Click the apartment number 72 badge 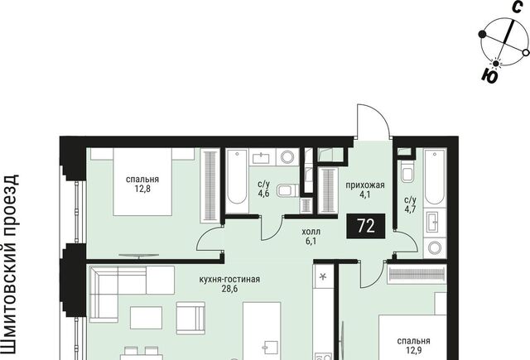pyautogui.click(x=366, y=226)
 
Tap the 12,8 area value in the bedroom pyautogui.click(x=142, y=189)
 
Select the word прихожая pyautogui.click(x=365, y=185)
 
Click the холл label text pyautogui.click(x=311, y=232)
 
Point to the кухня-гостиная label pyautogui.click(x=229, y=279)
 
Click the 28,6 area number pyautogui.click(x=230, y=289)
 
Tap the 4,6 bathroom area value pyautogui.click(x=263, y=194)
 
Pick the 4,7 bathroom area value pyautogui.click(x=410, y=209)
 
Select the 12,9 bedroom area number pyautogui.click(x=414, y=351)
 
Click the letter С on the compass pyautogui.click(x=517, y=7)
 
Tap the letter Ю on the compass pyautogui.click(x=489, y=75)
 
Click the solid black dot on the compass pyautogui.click(x=482, y=34)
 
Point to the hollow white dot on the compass pyautogui.click(x=526, y=53)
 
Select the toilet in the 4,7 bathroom pyautogui.click(x=407, y=172)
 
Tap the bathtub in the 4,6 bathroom pyautogui.click(x=237, y=181)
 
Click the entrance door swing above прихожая pyautogui.click(x=373, y=121)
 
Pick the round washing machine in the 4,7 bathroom pyautogui.click(x=434, y=248)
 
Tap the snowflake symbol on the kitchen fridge pyautogui.click(x=323, y=277)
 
